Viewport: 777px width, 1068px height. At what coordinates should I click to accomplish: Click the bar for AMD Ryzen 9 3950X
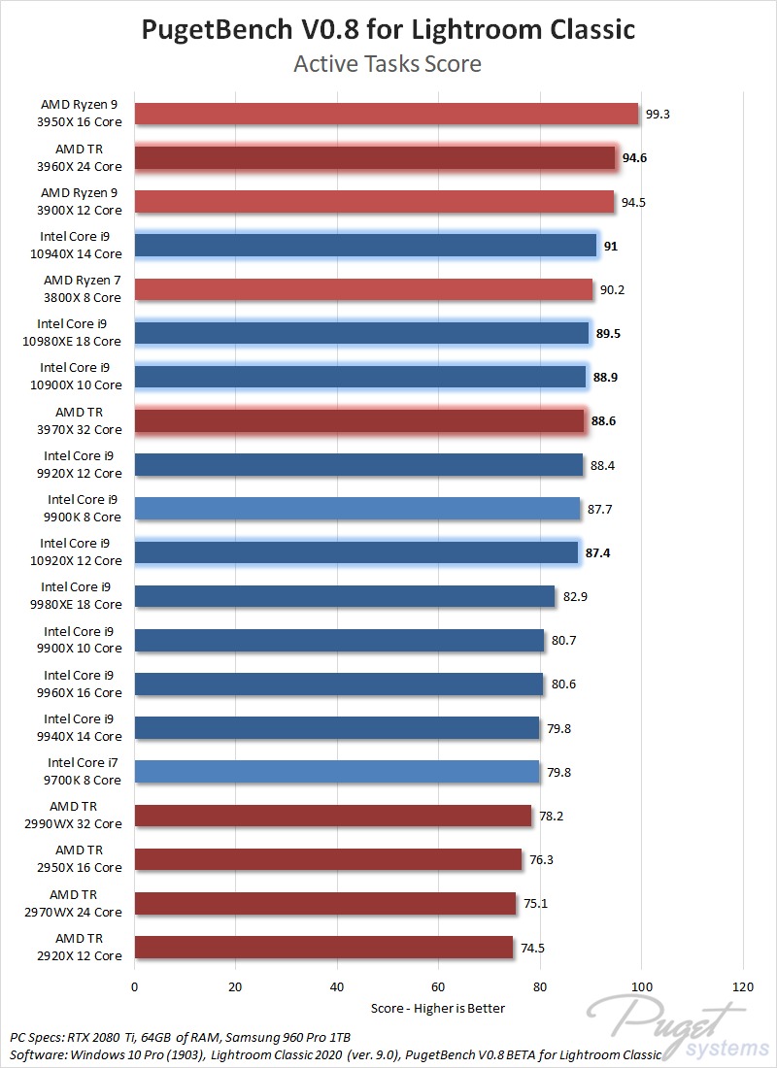(387, 114)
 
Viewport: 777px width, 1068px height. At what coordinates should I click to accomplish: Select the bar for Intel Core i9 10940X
(365, 246)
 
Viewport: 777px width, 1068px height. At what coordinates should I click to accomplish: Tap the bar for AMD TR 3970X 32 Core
(359, 420)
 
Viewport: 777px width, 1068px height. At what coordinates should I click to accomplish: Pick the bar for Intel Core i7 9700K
(337, 772)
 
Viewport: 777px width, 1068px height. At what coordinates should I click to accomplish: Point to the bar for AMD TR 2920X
(323, 948)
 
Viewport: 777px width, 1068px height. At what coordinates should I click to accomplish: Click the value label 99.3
(658, 114)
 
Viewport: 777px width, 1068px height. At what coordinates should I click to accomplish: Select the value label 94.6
(635, 158)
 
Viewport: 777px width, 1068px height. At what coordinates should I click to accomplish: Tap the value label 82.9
(575, 596)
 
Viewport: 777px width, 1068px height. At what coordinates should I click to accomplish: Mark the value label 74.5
(534, 948)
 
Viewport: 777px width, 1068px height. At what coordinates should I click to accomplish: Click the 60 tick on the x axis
(438, 987)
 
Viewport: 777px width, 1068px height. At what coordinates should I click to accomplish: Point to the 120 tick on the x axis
(742, 987)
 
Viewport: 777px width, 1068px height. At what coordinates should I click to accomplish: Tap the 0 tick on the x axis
(135, 987)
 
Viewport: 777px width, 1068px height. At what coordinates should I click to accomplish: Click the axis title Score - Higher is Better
(438, 1008)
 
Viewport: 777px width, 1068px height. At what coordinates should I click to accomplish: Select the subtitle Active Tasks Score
(388, 65)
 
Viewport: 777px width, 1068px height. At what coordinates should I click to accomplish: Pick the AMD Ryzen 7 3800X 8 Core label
(83, 289)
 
